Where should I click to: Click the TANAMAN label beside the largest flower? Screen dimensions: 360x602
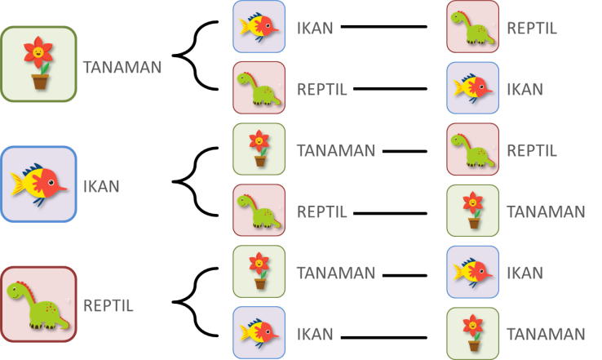coord(122,67)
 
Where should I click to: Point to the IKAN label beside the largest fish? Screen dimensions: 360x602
coord(102,186)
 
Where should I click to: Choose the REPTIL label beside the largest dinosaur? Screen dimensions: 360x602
coord(108,306)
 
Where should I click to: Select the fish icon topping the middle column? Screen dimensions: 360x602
coord(259,27)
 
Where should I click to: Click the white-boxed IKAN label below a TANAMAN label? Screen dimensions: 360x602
coord(315,334)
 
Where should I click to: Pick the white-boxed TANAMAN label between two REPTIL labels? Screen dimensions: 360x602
coord(335,150)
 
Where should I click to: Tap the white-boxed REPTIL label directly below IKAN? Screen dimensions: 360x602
coord(321,89)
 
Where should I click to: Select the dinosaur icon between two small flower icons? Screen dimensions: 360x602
coord(259,211)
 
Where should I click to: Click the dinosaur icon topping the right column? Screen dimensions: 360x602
coord(472,27)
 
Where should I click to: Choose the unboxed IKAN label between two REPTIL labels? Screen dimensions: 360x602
coord(525,89)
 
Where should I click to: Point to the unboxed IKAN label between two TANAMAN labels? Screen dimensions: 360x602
coord(525,273)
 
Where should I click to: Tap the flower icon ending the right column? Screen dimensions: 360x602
coord(472,333)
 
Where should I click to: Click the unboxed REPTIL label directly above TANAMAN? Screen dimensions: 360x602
coord(532,150)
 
